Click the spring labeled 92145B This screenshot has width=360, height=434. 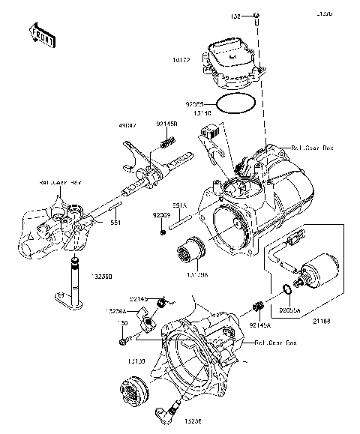click(167, 141)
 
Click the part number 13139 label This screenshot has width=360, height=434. click(136, 361)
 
